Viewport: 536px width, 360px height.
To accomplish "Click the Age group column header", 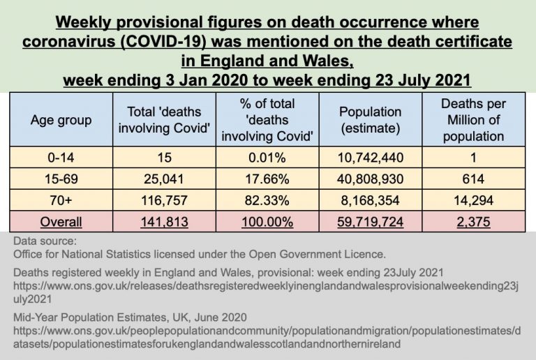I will click(61, 120).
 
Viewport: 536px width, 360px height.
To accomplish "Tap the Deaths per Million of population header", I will click(473, 120).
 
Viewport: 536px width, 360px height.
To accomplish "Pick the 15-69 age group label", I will click(61, 180).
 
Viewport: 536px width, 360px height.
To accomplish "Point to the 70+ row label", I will click(61, 201).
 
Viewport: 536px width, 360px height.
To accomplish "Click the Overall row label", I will click(61, 222).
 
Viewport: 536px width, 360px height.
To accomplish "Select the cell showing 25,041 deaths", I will click(165, 180).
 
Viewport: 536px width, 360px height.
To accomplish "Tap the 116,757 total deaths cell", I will click(165, 201).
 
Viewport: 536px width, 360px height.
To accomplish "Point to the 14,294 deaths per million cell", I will click(473, 201).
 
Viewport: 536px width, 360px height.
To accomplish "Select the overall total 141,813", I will click(165, 222).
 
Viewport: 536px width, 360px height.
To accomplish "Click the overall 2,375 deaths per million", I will click(473, 222).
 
